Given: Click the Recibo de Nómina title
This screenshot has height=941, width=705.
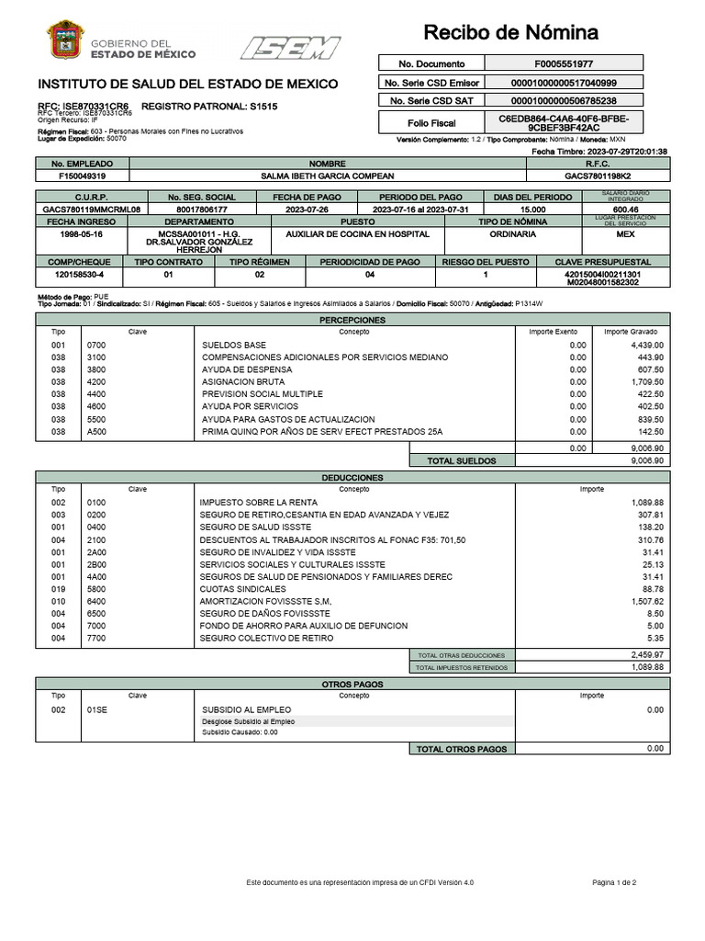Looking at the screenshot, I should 510,34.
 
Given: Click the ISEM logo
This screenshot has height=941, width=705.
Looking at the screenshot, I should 290,47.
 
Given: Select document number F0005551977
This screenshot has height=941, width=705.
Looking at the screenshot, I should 563,64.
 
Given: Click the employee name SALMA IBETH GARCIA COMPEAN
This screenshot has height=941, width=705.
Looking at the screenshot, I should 328,176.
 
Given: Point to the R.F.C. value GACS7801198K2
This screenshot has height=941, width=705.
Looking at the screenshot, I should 598,176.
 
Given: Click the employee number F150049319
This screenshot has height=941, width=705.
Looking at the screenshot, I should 82,176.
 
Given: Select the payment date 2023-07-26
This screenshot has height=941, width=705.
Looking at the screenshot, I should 307,210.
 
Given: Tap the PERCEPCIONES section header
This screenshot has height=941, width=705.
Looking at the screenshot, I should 352,320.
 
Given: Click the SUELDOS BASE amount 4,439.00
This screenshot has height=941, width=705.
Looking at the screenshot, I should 646,345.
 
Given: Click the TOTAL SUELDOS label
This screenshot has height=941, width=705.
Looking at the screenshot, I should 462,460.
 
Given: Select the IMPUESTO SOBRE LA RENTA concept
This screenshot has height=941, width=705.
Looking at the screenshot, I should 258,503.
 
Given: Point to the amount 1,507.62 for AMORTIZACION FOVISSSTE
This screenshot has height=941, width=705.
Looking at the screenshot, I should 646,601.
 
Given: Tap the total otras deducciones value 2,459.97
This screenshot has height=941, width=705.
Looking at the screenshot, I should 646,654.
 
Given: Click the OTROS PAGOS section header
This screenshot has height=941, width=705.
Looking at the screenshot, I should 352,685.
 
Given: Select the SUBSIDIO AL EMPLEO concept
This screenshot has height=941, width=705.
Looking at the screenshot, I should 246,709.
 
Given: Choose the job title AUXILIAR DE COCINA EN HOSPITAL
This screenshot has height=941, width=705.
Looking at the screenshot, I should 357,234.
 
